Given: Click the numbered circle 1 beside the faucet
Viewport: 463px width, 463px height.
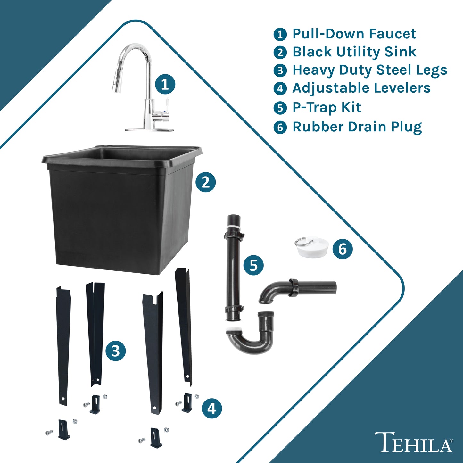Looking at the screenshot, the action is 165,84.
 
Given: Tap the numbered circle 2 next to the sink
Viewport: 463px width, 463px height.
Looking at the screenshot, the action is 205,182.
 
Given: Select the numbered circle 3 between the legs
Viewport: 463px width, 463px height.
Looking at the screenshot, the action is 116,351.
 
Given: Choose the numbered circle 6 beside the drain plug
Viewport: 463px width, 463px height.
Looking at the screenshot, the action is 343,249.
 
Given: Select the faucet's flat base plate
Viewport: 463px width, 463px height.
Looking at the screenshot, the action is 149,130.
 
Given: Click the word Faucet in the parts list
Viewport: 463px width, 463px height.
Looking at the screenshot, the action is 392,34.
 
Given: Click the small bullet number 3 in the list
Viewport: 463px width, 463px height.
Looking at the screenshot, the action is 280,70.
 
